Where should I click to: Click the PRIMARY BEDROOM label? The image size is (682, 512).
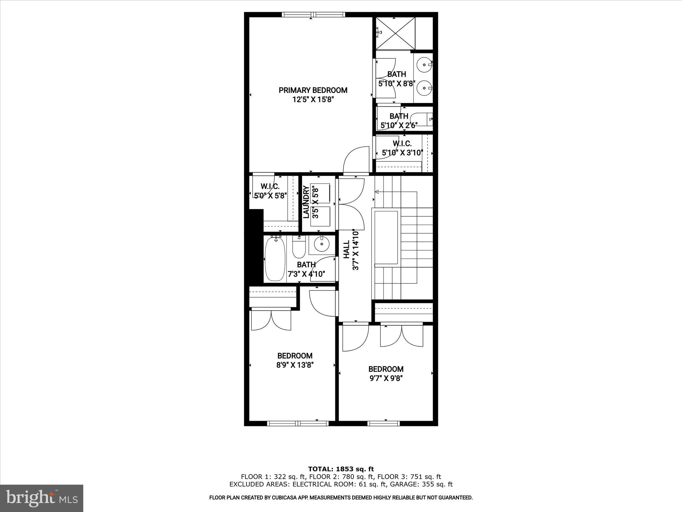point(313,90)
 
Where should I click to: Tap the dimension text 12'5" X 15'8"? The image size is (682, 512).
point(313,99)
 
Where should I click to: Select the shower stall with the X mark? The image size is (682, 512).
point(396,33)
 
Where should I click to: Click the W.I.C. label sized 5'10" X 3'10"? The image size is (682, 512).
point(402,144)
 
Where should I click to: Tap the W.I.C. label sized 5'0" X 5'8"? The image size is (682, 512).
point(270,186)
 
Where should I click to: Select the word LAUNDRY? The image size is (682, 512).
point(306,202)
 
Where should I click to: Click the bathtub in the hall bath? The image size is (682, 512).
point(275,259)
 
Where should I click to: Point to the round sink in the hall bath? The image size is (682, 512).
point(322,244)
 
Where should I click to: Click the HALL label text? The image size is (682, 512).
point(347,249)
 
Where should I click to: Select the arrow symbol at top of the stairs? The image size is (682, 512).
point(377,192)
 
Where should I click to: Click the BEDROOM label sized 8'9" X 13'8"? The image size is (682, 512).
point(295,356)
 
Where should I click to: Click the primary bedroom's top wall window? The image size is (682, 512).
point(313,14)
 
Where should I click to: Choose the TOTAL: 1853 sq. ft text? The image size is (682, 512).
point(341,469)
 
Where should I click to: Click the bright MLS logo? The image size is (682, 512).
point(42,498)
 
